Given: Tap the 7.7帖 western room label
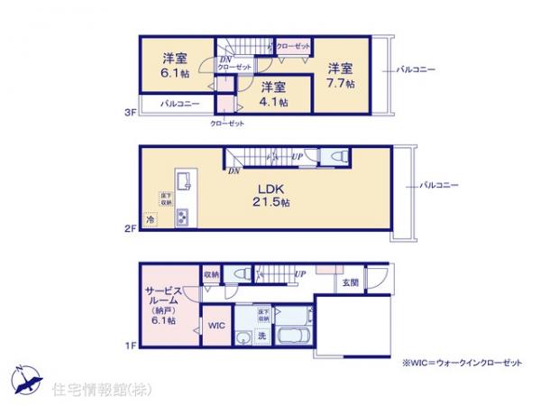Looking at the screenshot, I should pos(341,75).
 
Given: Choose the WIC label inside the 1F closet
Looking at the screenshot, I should pos(216,324).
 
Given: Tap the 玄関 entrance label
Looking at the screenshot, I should pos(349,281).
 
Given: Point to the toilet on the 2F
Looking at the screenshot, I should pos(335,157).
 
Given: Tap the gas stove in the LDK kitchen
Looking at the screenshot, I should pos(183,217).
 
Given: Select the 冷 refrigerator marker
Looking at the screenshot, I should pos(151,219).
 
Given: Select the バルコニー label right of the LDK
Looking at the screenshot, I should pos(438,186).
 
